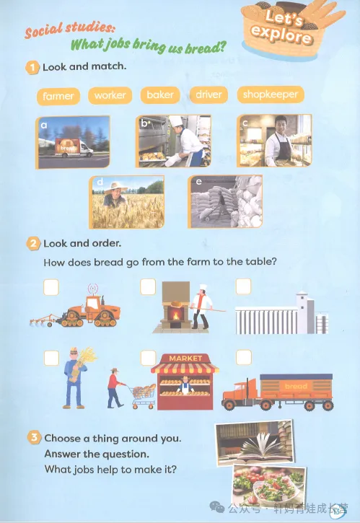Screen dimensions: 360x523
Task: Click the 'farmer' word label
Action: pos(58,96)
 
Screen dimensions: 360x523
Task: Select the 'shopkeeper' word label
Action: pos(271,95)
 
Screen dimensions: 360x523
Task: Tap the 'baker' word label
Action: pos(160,95)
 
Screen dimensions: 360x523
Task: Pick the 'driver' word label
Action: pos(209,95)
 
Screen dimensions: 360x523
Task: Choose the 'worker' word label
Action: pos(110,95)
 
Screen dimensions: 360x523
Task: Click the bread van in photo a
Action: pos(74,148)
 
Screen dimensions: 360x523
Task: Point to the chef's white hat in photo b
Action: pos(175,120)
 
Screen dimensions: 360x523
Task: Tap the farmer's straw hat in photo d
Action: pos(115,188)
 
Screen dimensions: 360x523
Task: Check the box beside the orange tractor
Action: pos(51,287)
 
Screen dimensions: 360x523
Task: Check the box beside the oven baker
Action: pos(148,287)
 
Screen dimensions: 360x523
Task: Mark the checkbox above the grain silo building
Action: pos(243,286)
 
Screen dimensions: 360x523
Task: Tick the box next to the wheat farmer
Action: pos(51,359)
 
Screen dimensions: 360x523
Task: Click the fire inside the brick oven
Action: pos(176,315)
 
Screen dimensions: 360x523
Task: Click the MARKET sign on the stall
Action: pos(185,359)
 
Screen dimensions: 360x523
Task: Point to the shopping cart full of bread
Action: pos(144,396)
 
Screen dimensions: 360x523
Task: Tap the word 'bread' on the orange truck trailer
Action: pos(296,386)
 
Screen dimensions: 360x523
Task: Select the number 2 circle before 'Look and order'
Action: pos(33,244)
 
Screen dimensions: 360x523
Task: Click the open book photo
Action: pos(255,442)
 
